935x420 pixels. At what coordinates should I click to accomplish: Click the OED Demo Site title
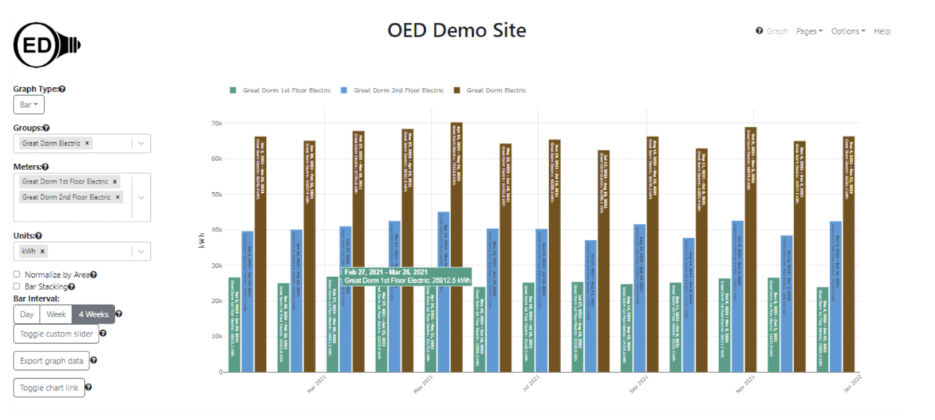click(x=456, y=31)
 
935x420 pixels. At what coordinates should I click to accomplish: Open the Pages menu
click(x=809, y=31)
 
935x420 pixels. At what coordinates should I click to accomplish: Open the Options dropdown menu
click(x=848, y=31)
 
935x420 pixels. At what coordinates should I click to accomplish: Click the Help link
click(x=881, y=31)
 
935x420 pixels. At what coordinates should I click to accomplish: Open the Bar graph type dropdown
click(x=29, y=105)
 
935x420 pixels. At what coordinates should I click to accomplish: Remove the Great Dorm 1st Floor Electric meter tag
click(x=115, y=181)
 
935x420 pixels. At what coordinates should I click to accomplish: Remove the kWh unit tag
click(x=43, y=251)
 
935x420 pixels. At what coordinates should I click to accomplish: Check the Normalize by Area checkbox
click(x=16, y=274)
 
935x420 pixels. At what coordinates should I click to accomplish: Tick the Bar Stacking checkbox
click(x=16, y=286)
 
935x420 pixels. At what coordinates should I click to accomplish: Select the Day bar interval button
click(x=26, y=314)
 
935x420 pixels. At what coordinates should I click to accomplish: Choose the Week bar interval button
click(x=56, y=314)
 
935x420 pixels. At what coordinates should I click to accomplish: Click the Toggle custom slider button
click(x=56, y=334)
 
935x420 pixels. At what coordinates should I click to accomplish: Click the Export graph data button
click(x=51, y=361)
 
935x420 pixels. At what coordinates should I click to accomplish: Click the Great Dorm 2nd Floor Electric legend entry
click(x=392, y=91)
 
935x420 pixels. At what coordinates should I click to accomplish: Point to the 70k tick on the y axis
click(x=216, y=124)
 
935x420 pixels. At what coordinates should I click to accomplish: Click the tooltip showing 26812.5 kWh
click(x=407, y=276)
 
